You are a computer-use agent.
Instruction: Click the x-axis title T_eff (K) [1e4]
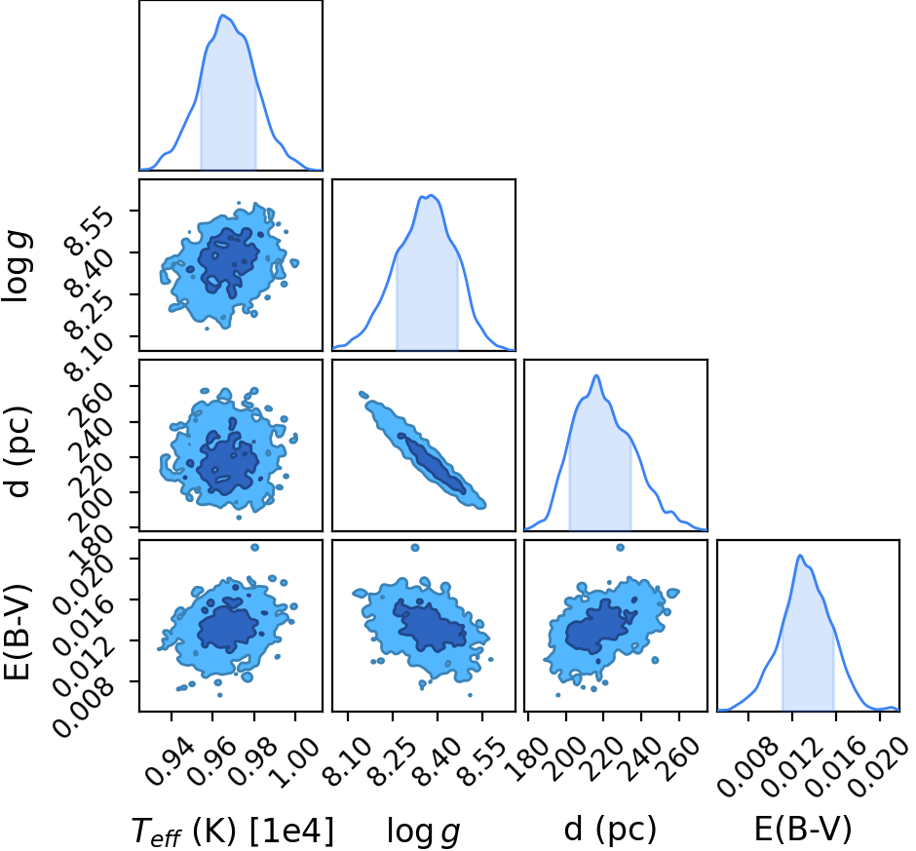pos(233,831)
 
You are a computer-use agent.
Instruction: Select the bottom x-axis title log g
pos(424,831)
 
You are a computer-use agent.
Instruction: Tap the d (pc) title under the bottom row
pos(610,830)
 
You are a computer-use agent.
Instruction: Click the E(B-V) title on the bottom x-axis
pos(803,830)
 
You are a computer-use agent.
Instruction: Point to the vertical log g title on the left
pos(17,265)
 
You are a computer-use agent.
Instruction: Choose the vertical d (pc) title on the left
pos(18,450)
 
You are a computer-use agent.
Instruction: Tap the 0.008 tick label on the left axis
pos(83,702)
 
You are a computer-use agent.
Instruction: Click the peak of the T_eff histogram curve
pos(222,15)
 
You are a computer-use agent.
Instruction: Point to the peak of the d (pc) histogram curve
pos(596,374)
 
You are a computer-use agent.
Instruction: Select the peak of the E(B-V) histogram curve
pos(800,555)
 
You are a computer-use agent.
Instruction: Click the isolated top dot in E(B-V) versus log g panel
pos(415,548)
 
